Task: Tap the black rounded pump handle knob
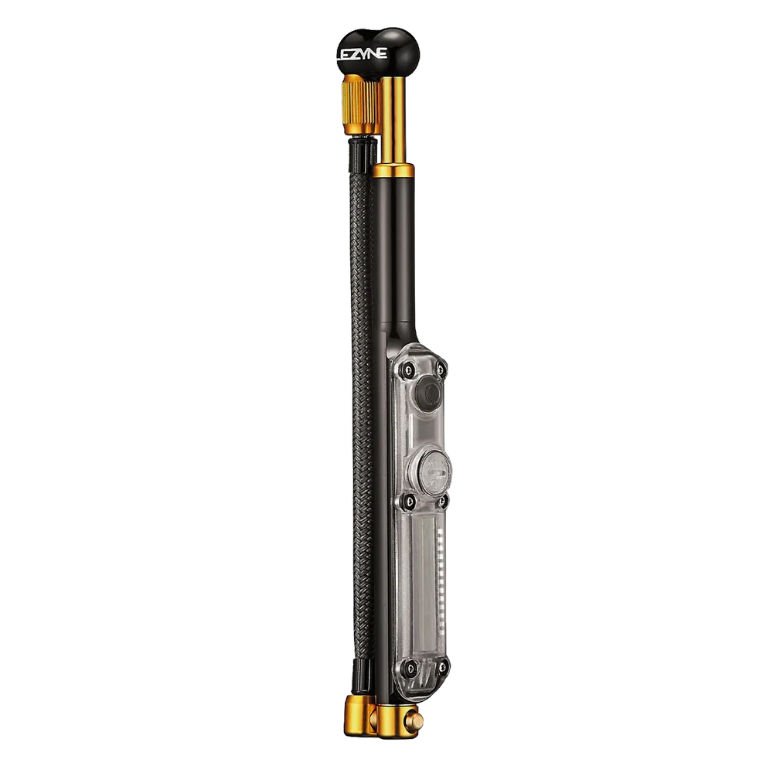point(378,51)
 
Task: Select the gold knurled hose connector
point(361,105)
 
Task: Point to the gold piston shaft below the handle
point(393,121)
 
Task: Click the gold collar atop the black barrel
point(393,171)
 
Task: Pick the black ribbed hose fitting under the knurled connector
point(363,155)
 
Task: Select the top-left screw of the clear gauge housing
point(407,368)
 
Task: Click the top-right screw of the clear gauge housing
point(441,368)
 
